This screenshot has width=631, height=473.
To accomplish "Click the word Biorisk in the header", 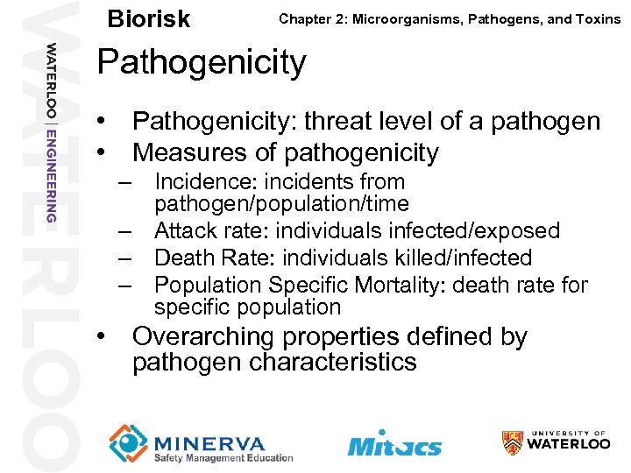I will [147, 18].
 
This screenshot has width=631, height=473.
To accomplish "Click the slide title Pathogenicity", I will [202, 62].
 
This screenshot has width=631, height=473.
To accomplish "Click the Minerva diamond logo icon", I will [129, 443].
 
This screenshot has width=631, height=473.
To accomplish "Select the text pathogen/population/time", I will [281, 204].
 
